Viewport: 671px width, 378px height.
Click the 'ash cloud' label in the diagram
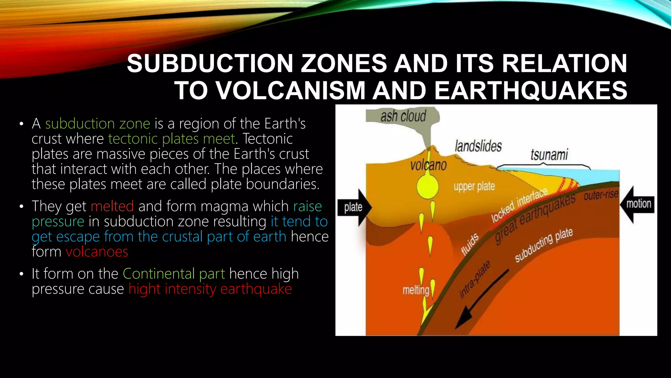pos(403,116)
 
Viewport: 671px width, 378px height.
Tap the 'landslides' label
pos(478,146)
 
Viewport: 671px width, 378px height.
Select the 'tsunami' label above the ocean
pos(549,155)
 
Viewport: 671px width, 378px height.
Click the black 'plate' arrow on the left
pos(354,207)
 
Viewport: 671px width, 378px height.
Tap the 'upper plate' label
pos(474,186)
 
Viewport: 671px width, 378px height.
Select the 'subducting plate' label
pos(544,245)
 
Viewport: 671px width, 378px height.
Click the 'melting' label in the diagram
pos(415,290)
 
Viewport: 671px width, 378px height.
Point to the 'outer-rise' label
pos(601,195)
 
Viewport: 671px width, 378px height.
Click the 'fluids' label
pos(470,244)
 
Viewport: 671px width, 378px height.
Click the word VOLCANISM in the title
pos(291,90)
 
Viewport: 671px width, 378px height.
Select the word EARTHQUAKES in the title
pos(530,90)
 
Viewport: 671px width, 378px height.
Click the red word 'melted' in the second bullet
pos(112,206)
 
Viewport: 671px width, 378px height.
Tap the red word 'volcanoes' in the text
pos(97,252)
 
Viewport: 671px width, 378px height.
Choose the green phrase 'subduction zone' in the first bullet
pos(98,124)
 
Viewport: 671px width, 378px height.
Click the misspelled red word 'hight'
pos(144,289)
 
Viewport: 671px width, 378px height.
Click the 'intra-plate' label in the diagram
pos(475,280)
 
